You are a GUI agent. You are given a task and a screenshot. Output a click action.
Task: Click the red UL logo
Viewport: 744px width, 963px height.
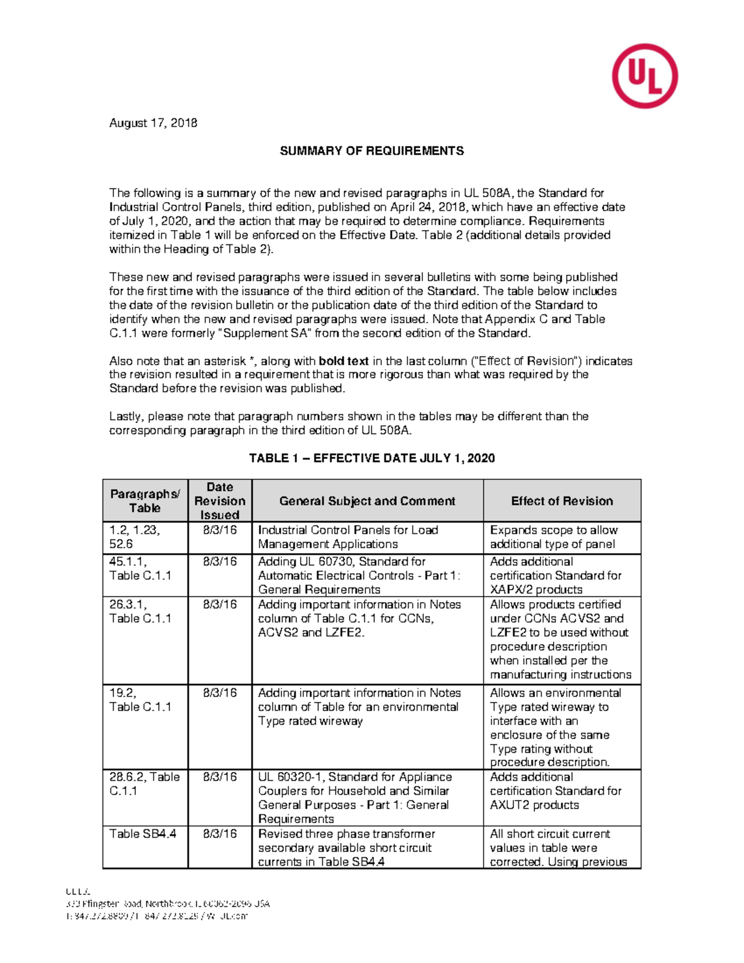644,76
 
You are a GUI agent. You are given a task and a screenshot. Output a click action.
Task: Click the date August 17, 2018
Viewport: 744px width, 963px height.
153,123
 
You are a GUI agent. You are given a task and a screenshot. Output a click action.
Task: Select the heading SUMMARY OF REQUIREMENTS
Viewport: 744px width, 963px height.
371,151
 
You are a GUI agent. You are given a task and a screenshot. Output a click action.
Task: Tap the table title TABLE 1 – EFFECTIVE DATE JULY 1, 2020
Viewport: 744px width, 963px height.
371,458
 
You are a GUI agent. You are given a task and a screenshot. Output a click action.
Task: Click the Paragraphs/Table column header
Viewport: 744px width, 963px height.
145,500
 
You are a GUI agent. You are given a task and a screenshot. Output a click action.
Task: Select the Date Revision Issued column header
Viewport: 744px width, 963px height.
219,500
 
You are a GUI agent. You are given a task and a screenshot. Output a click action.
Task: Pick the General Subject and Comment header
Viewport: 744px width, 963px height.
367,501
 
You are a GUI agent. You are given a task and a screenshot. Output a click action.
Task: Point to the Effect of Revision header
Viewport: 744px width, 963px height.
562,501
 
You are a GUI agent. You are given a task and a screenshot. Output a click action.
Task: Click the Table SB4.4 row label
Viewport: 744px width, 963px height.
143,834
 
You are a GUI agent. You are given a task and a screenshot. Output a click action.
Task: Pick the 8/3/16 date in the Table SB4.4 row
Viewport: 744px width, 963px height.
219,834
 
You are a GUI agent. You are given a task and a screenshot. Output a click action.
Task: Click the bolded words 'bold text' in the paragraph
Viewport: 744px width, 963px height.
343,361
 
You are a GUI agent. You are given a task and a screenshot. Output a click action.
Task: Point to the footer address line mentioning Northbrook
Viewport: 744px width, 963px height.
168,903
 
